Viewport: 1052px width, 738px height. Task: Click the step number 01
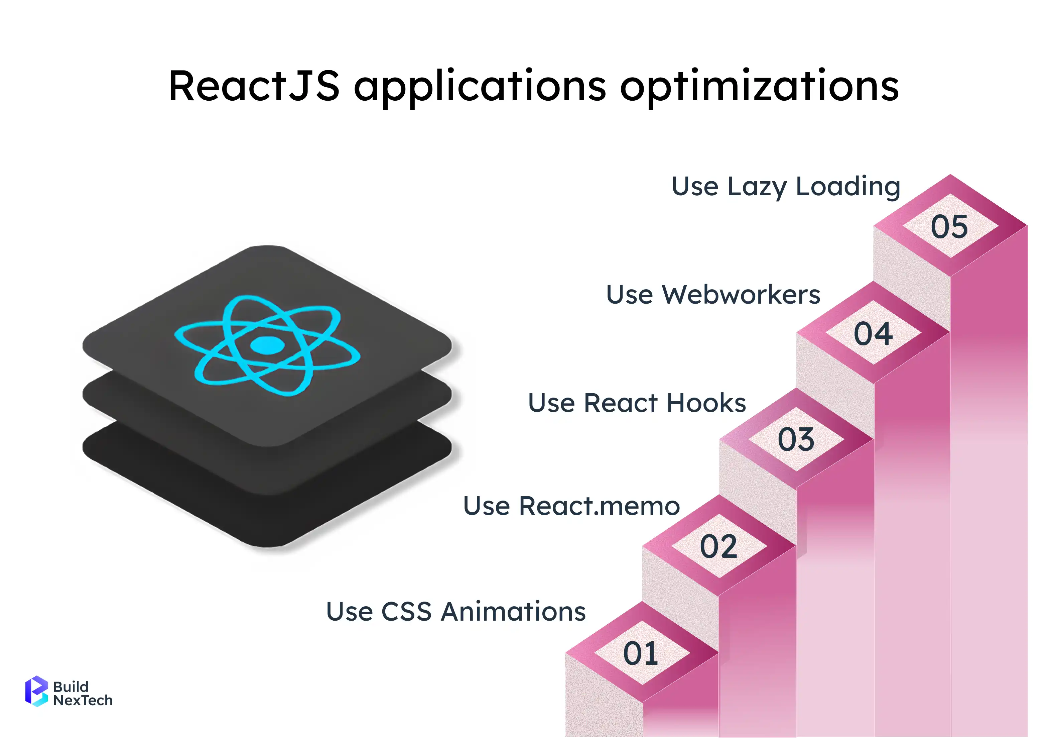641,653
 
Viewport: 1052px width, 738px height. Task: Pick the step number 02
718,546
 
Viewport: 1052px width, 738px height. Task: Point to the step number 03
796,439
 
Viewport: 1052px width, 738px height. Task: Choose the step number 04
873,333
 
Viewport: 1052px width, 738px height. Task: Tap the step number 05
949,226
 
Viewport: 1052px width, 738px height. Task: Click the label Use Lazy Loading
786,187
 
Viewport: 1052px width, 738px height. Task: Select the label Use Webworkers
713,294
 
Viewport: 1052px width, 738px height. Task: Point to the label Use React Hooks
637,403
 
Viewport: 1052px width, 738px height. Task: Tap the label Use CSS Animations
456,612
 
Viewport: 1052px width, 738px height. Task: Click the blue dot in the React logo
268,345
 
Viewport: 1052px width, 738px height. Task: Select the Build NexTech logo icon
36,691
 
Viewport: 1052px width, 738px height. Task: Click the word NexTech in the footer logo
83,701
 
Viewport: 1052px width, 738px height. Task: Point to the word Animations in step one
513,612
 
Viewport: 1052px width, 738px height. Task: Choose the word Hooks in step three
706,403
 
